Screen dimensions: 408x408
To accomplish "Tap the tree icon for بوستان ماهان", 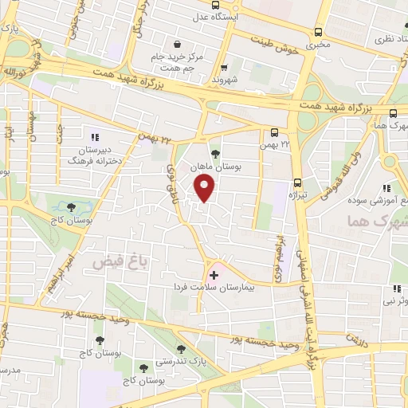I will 214,154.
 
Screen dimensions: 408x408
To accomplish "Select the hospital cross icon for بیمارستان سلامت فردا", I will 213,275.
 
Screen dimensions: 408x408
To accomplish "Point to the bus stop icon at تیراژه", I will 297,182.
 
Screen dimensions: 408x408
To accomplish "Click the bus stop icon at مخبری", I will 319,33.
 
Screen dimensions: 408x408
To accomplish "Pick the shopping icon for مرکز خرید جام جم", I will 176,45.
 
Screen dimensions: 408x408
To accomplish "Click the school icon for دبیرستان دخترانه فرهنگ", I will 96,137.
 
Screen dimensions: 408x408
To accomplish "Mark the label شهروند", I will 226,80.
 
